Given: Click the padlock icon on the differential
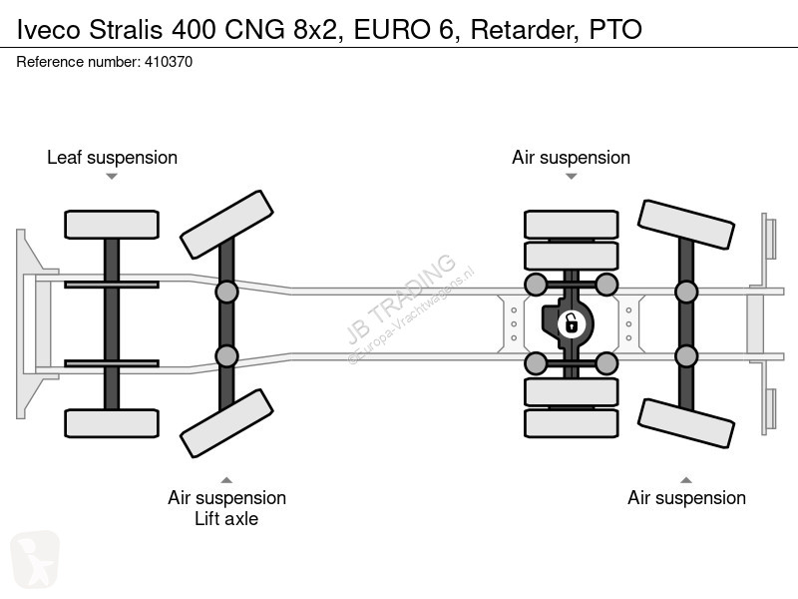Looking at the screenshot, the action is click(x=571, y=323).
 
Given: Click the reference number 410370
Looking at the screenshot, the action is click(x=169, y=62).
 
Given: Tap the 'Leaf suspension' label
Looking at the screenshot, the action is click(x=112, y=158).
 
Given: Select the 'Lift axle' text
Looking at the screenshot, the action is click(x=226, y=519).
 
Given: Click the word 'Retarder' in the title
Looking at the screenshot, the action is click(x=525, y=30).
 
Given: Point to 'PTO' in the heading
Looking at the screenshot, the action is click(x=615, y=30).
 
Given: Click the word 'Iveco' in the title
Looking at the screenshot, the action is click(x=48, y=30).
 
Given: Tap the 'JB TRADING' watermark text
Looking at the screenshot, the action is click(x=401, y=299).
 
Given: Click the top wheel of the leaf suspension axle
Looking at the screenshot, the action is click(x=112, y=225).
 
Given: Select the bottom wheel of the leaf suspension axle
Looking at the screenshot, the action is click(x=112, y=423).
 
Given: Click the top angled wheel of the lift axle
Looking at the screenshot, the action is click(x=226, y=225).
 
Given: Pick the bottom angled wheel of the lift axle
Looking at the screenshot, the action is click(x=226, y=423).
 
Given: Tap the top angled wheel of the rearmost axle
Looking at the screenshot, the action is click(x=686, y=225).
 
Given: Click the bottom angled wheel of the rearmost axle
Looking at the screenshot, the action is click(x=686, y=423).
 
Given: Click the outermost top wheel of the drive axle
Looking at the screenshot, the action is click(x=571, y=224).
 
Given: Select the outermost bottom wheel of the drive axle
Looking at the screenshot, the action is click(x=571, y=423).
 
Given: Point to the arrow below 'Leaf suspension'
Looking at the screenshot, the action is click(x=112, y=177).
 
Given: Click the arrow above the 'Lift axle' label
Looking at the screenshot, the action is click(x=226, y=480).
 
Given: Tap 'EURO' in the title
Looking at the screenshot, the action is click(x=391, y=30).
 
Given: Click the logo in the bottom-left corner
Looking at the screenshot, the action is click(x=35, y=559).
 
